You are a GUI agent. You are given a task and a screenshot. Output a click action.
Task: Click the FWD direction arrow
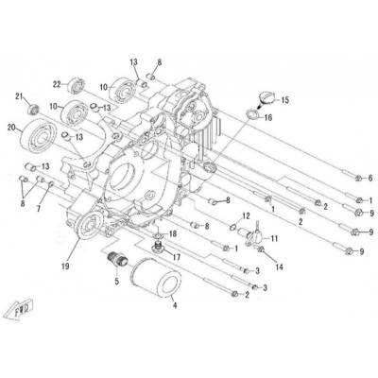coord(20,310)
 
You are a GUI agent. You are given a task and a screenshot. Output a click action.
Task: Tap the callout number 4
coord(175,305)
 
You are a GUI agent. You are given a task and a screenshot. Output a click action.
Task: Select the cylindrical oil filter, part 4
coord(156,277)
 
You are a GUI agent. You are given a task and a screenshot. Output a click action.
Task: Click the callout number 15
coord(284,100)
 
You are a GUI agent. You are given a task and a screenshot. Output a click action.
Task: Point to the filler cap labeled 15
coord(266,98)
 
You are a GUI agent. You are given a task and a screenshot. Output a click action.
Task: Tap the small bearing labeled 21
coord(33,110)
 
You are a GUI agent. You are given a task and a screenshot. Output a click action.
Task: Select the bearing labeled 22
coord(77,85)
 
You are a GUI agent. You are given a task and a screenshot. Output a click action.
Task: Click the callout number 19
coord(66,266)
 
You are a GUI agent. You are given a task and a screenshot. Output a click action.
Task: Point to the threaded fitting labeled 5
coord(116,259)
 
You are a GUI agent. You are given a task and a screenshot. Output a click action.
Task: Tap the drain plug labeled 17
coord(159,247)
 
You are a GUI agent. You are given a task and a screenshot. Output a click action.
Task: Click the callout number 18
coord(173,234)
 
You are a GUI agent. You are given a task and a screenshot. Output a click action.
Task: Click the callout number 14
coord(279,267)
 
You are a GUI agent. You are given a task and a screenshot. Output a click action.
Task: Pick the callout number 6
coord(370,178)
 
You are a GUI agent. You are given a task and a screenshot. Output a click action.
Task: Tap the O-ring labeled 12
coord(233,226)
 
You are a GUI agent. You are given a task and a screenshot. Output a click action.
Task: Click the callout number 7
coord(39,209)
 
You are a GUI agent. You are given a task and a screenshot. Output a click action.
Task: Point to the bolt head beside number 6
coord(358,179)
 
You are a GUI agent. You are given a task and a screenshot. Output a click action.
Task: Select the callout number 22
coord(57,84)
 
